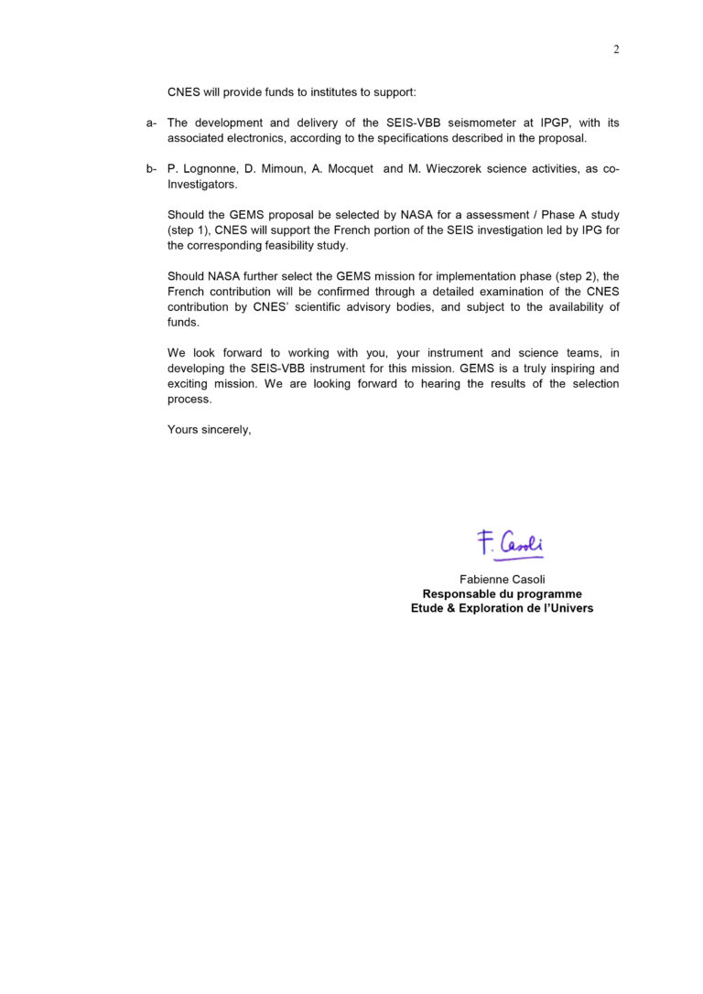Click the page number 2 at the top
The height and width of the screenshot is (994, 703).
click(x=616, y=49)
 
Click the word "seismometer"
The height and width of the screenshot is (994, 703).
click(x=485, y=123)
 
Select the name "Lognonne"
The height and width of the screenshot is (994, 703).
click(x=210, y=169)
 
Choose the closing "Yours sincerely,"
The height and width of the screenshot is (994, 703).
click(x=209, y=430)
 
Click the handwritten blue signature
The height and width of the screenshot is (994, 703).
click(x=510, y=544)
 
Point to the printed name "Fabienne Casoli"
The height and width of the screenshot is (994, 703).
click(x=502, y=579)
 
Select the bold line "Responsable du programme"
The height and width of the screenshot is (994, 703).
click(x=502, y=593)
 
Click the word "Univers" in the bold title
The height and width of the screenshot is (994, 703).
click(x=569, y=608)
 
